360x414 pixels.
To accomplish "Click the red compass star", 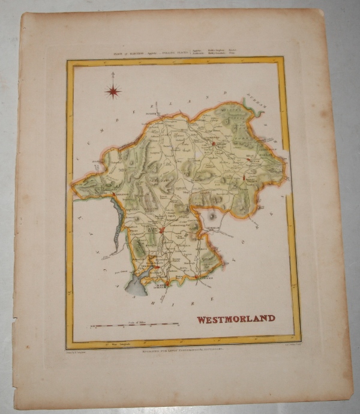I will tap(113, 91).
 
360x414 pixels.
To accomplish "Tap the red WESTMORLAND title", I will tap(236, 319).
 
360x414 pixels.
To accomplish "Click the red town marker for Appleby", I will tap(213, 143).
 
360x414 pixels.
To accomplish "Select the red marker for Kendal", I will tap(161, 229).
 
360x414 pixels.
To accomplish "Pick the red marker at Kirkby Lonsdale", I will tap(197, 277).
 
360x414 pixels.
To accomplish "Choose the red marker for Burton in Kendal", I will tap(166, 283).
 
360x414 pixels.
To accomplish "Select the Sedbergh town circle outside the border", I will tap(211, 213).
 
